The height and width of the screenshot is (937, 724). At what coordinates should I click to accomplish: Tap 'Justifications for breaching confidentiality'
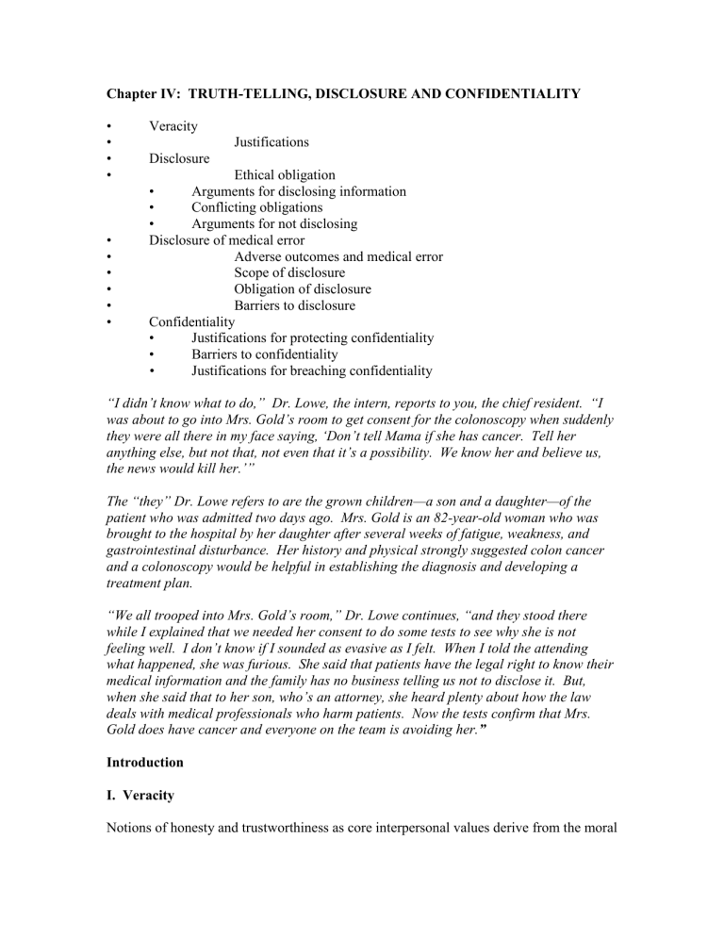coord(312,370)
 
